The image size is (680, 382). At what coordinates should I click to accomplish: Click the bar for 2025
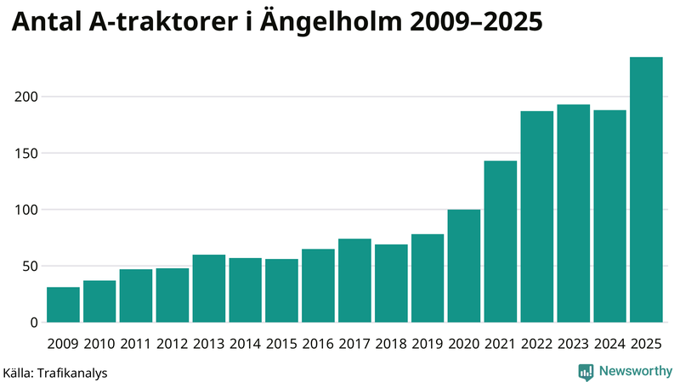coord(646,190)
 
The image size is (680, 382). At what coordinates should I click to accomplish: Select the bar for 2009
coord(63,305)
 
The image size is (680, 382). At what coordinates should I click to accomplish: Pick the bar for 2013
coord(208,289)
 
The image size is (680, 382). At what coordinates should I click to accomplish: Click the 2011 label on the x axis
coord(136,344)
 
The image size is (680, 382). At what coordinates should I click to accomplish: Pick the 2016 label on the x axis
coord(318,344)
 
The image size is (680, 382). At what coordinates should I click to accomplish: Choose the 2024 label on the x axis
coord(609,344)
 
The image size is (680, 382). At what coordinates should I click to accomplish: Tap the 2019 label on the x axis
coord(428,344)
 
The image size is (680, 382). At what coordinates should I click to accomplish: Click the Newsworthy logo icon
coord(586,371)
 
